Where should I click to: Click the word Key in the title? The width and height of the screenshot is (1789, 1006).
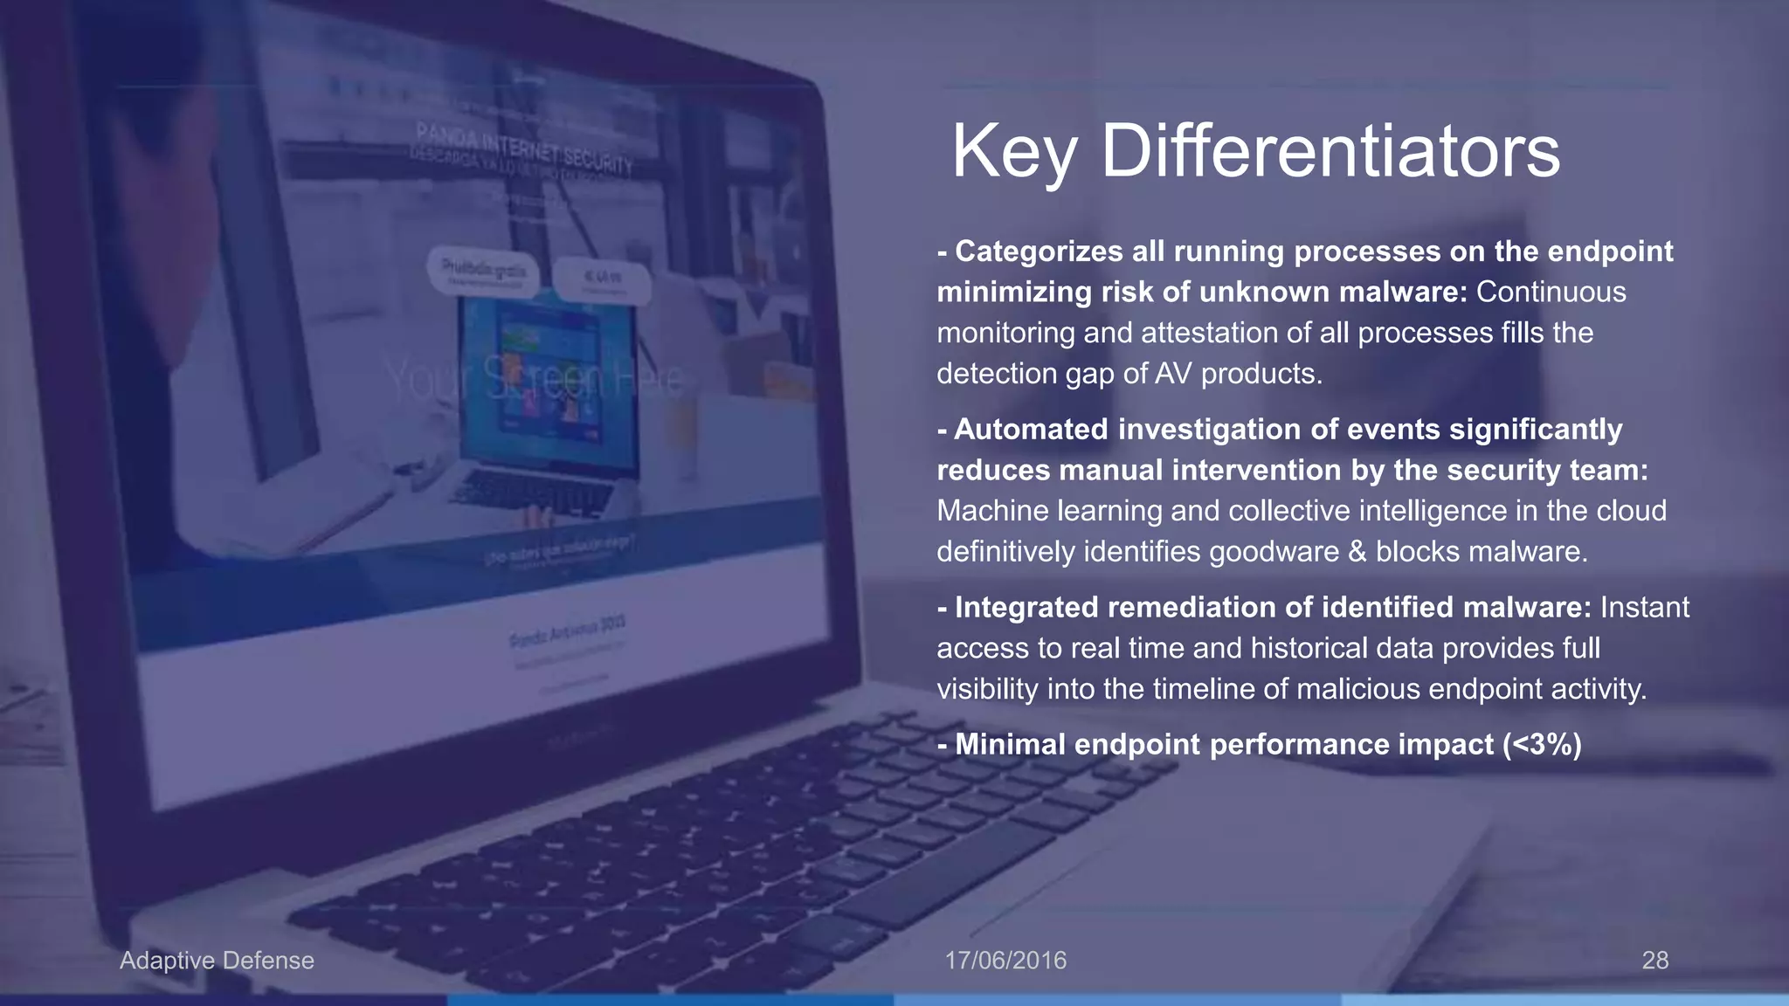[x=1013, y=153]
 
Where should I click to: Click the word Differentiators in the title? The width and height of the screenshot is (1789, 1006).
[x=1330, y=151]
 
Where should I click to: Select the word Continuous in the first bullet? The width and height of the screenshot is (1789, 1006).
[x=1551, y=292]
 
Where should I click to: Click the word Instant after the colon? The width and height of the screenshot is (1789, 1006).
[x=1644, y=608]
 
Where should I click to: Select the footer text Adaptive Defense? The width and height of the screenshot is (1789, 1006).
[x=217, y=961]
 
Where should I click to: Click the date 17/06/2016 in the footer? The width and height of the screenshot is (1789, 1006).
[x=1005, y=961]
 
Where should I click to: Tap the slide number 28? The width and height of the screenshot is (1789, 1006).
[x=1654, y=961]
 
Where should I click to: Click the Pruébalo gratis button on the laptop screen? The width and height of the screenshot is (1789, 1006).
[x=483, y=271]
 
